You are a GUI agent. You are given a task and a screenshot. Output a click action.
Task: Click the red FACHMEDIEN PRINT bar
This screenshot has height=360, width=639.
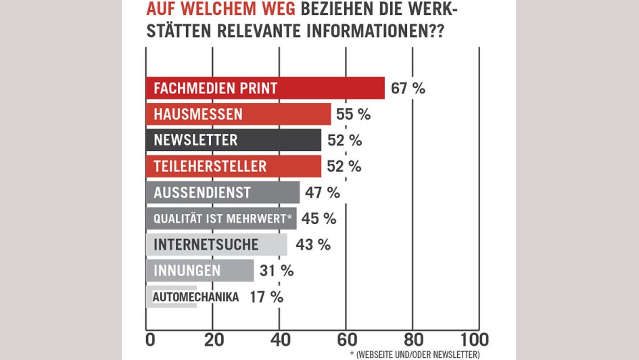(x=265, y=88)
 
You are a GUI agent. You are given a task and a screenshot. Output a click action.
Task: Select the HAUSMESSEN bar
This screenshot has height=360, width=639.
(x=238, y=114)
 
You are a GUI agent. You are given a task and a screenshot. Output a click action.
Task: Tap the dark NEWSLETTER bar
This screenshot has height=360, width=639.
(x=233, y=140)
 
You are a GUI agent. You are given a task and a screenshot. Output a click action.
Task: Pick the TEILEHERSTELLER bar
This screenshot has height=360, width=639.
(x=233, y=166)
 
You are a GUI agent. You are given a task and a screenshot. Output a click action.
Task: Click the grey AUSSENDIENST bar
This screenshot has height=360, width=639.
(x=222, y=192)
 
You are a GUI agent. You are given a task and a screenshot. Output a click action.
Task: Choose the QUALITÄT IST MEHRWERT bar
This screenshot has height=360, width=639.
(x=221, y=219)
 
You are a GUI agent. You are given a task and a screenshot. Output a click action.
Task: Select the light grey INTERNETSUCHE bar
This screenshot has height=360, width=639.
(x=216, y=244)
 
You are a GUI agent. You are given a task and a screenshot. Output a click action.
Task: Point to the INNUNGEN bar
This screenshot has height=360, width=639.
(x=199, y=271)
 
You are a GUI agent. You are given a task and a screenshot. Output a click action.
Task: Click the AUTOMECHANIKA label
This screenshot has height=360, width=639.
(x=195, y=296)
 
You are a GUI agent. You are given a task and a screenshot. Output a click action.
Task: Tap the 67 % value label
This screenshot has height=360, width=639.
(x=408, y=88)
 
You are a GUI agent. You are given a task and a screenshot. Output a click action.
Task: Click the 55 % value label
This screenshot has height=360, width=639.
(x=353, y=114)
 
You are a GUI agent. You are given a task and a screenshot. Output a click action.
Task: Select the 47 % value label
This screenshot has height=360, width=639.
(x=322, y=192)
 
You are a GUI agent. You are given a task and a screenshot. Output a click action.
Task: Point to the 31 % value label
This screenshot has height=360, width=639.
(x=277, y=271)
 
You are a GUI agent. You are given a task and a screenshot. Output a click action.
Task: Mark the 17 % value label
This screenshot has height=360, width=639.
(x=266, y=296)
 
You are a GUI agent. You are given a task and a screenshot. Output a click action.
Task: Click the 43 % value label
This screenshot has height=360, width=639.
(x=313, y=244)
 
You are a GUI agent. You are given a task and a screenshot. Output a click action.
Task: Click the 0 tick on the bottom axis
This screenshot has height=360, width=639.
(x=150, y=338)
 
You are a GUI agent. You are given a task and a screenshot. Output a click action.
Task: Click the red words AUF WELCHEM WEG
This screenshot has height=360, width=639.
(x=222, y=10)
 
